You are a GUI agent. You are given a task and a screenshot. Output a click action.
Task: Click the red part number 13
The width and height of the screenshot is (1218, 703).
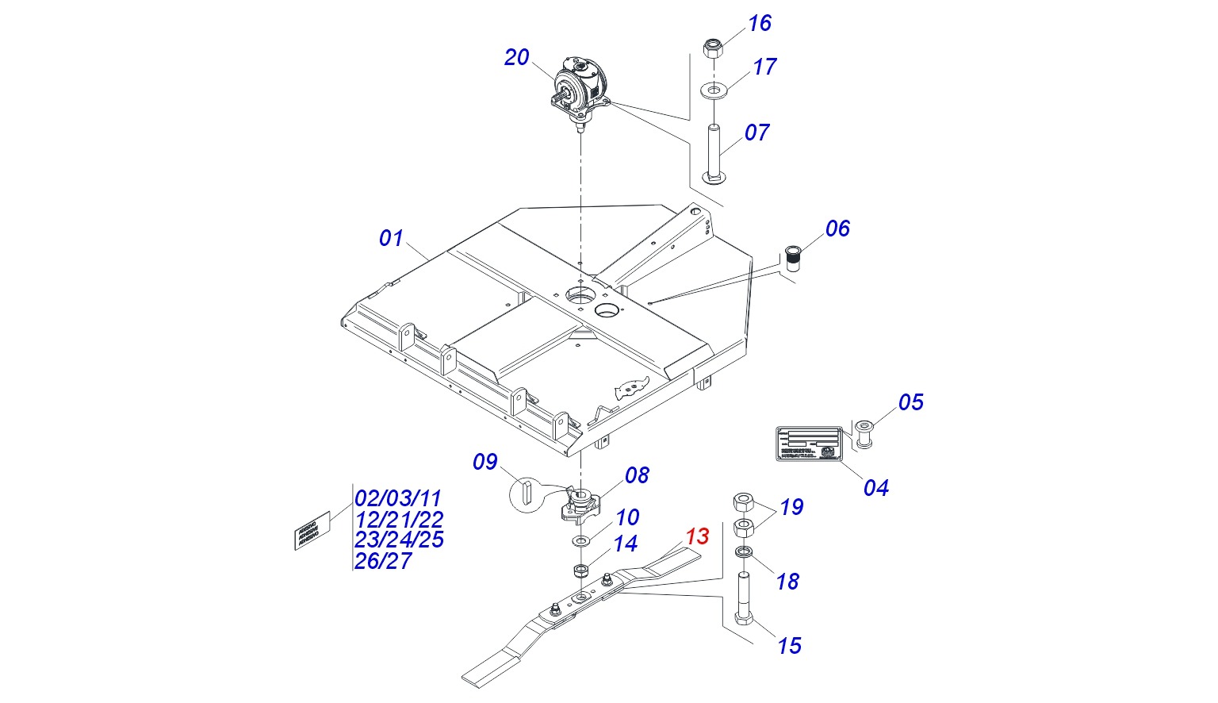[x=697, y=536]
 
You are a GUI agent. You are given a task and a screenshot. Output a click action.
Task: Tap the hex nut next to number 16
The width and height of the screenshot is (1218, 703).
[x=712, y=49]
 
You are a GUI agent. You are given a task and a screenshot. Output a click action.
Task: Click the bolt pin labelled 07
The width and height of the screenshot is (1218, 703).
[x=714, y=155]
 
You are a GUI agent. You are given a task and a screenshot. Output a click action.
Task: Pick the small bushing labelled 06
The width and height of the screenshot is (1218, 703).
[x=792, y=258]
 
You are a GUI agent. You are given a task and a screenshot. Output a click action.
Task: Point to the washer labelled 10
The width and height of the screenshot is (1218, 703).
[x=581, y=541]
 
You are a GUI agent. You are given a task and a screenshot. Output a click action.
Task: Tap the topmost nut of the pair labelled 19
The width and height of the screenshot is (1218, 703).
[x=743, y=502]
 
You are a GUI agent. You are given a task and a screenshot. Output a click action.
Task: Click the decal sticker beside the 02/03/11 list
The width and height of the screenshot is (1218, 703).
[x=312, y=531]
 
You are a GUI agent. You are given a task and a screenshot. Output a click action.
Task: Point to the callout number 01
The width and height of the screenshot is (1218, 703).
[x=391, y=238]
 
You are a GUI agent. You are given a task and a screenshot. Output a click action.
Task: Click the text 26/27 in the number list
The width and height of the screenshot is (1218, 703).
[x=384, y=561]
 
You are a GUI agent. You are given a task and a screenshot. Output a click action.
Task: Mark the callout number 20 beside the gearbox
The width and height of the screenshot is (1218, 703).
[x=516, y=58]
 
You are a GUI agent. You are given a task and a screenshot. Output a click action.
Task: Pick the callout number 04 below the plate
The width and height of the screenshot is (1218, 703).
[x=875, y=487]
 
